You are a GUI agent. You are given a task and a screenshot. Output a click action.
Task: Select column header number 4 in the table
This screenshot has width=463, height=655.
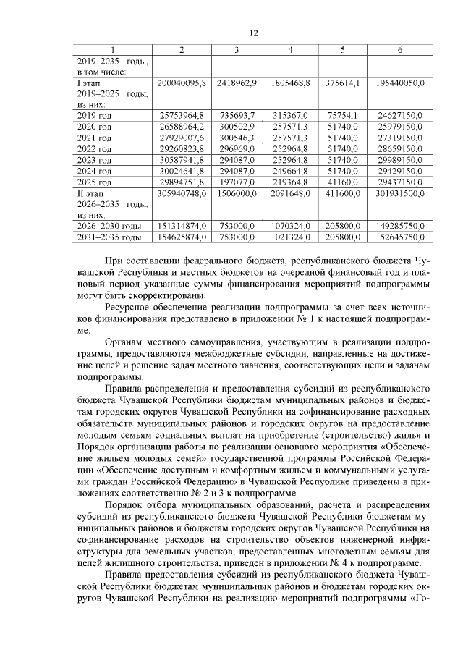coord(290,49)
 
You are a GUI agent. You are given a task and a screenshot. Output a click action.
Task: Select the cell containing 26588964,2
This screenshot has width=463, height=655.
coord(182,126)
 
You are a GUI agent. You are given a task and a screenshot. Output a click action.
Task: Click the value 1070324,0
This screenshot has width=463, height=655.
coord(290,226)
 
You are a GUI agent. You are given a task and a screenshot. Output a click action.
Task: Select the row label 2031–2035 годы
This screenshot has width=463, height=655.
coord(109,237)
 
